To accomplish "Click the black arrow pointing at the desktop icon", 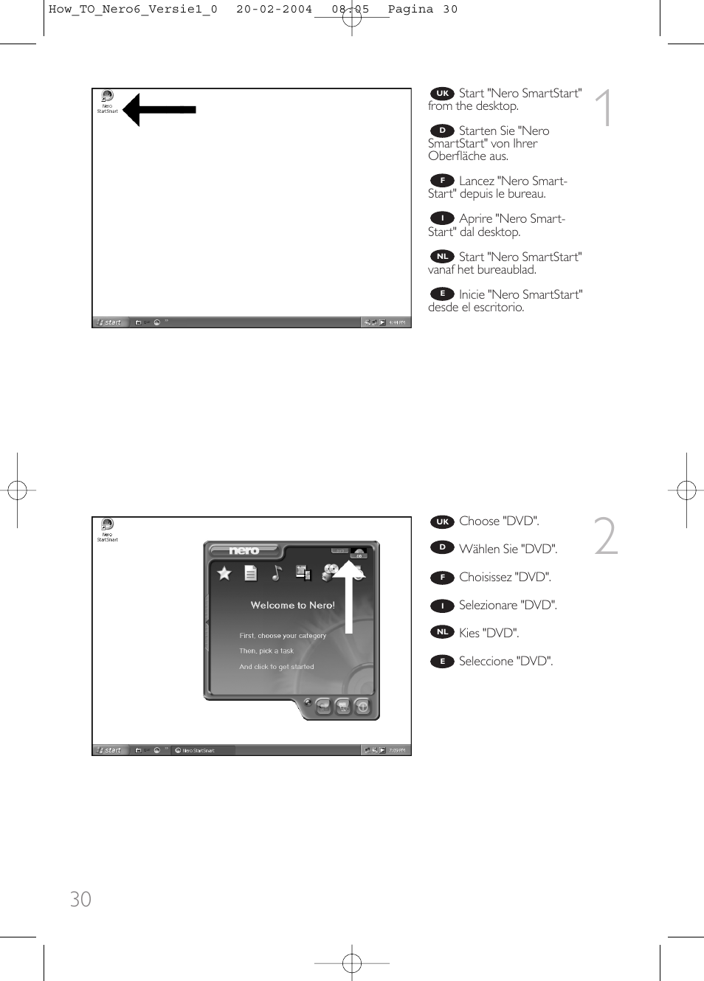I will (x=159, y=110).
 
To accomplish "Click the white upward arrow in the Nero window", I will (x=349, y=590).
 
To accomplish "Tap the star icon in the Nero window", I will (x=224, y=573).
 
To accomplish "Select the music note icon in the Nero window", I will (x=277, y=572).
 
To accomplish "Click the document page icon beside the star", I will (x=251, y=573).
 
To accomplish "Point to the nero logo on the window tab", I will (x=244, y=550).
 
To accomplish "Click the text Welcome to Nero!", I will (x=292, y=605).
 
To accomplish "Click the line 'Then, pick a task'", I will (x=266, y=651).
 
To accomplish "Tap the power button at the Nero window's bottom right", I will (x=362, y=707).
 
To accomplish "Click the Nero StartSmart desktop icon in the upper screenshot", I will (x=107, y=100).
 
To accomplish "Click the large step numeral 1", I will (x=604, y=108).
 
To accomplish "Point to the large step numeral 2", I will (x=605, y=536).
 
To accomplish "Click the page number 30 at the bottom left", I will (x=80, y=899).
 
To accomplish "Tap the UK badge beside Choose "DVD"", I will (x=442, y=521).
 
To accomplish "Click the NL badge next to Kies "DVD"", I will (x=442, y=632).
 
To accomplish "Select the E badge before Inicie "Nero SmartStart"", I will (x=442, y=294).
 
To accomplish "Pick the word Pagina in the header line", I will (x=410, y=10).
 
